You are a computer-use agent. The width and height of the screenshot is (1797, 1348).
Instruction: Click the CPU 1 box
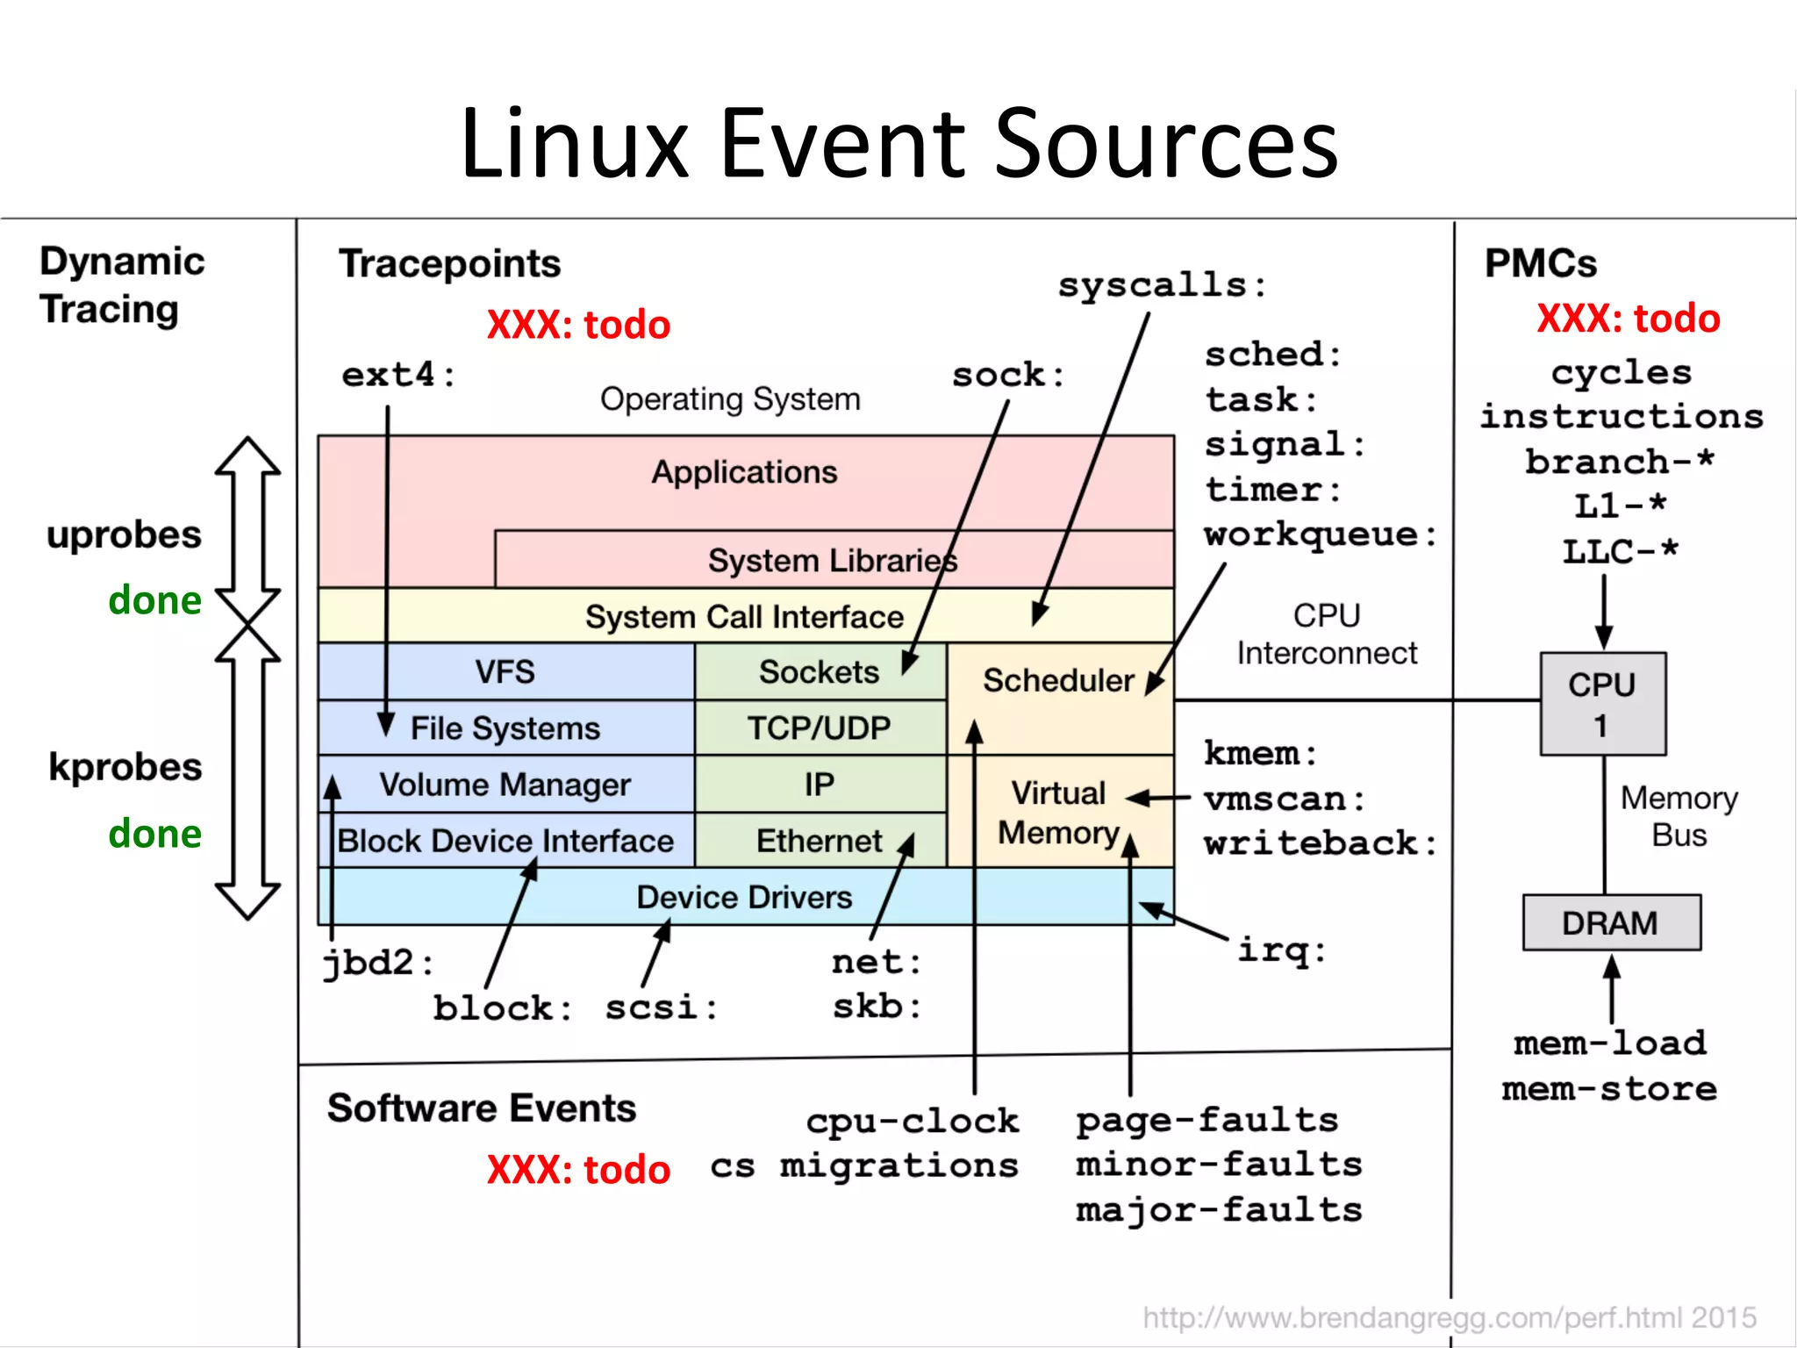pyautogui.click(x=1602, y=704)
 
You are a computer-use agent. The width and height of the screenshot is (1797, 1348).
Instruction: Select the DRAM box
pyautogui.click(x=1611, y=923)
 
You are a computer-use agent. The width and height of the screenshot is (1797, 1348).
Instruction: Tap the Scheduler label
pyautogui.click(x=1058, y=680)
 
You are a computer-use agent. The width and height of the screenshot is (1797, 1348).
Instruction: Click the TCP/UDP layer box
pyautogui.click(x=820, y=728)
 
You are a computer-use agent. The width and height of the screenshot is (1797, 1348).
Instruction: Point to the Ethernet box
pyautogui.click(x=820, y=841)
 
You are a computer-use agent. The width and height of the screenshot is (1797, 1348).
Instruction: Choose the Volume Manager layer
pyautogui.click(x=505, y=785)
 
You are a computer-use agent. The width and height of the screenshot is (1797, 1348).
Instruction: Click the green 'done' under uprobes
pyautogui.click(x=154, y=601)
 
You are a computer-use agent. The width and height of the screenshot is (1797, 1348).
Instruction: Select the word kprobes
pyautogui.click(x=125, y=767)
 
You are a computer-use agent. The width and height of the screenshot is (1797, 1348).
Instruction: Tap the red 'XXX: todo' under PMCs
pyautogui.click(x=1629, y=318)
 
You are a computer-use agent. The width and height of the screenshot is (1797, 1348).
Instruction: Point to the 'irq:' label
pyautogui.click(x=1282, y=950)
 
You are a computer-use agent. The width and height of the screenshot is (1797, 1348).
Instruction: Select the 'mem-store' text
pyautogui.click(x=1609, y=1089)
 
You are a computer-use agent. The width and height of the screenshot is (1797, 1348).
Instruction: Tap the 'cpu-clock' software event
pyautogui.click(x=913, y=1121)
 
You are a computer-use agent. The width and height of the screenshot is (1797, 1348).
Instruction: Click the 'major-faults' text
pyautogui.click(x=1220, y=1210)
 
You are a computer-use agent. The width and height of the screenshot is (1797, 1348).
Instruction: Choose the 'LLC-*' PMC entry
pyautogui.click(x=1620, y=552)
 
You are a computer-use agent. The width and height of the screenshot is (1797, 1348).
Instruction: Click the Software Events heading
pyautogui.click(x=482, y=1108)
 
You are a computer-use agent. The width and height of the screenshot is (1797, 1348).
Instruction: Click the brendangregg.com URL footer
pyautogui.click(x=1449, y=1317)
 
